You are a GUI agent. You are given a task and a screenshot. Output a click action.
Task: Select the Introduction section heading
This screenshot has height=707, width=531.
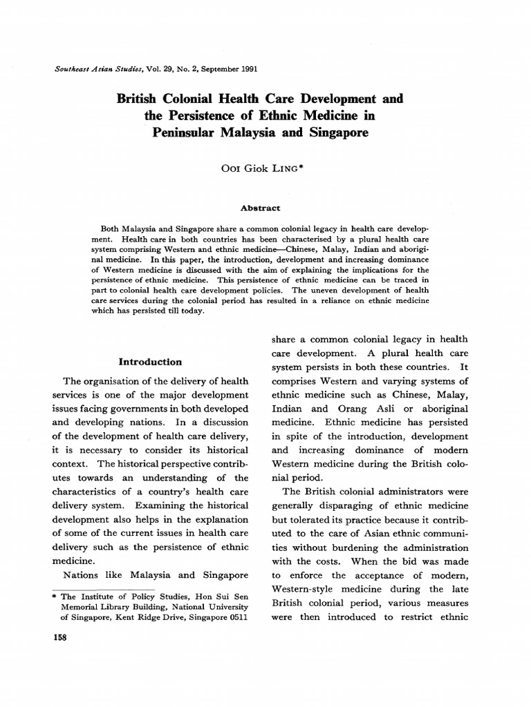(150, 361)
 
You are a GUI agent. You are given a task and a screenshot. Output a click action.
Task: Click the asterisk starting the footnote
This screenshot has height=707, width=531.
(55, 596)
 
